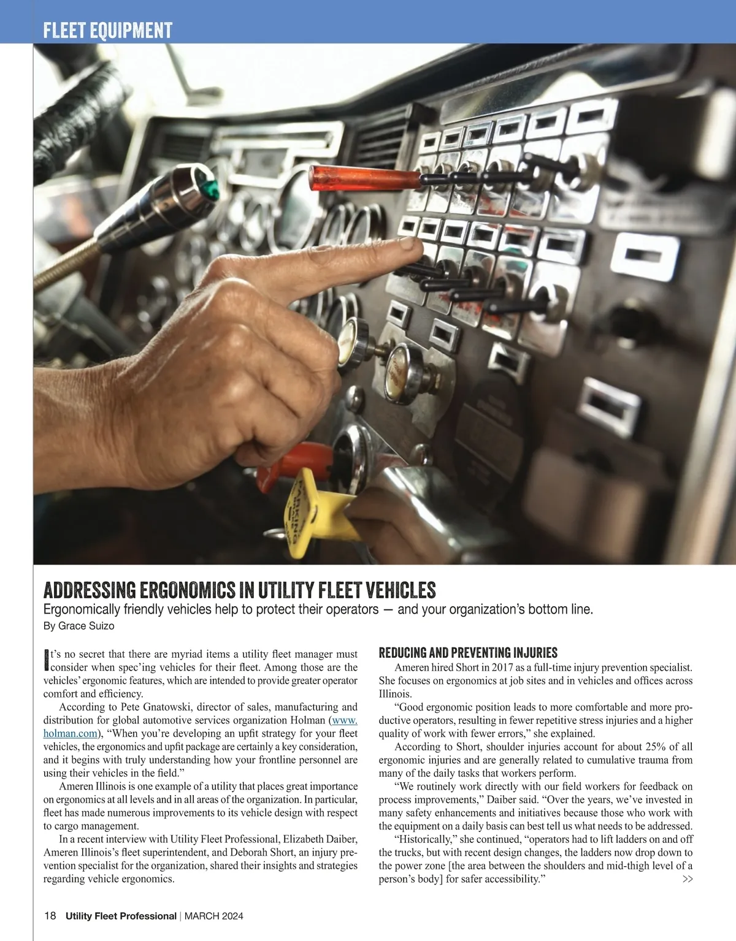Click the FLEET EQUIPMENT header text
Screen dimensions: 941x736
click(x=108, y=30)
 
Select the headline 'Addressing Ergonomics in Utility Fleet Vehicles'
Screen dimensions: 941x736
click(x=239, y=590)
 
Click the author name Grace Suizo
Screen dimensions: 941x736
click(x=86, y=626)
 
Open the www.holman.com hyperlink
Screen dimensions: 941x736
click(x=70, y=733)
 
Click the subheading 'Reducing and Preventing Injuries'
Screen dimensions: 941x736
click(x=468, y=652)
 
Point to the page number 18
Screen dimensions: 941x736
click(x=50, y=916)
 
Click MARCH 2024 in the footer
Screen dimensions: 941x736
click(x=213, y=916)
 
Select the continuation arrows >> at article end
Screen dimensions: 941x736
click(x=688, y=879)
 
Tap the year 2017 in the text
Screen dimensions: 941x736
click(x=502, y=668)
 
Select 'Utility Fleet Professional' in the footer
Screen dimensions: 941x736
click(x=121, y=916)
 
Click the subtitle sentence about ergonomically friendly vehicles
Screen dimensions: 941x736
click(x=318, y=609)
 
